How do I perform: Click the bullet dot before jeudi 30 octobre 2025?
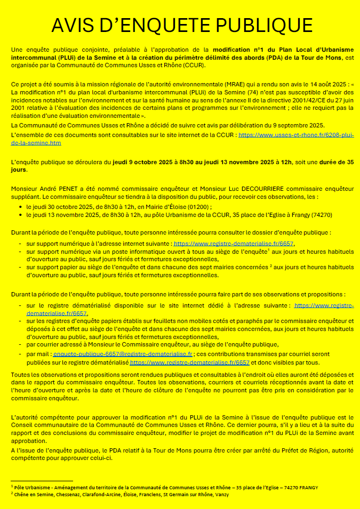[x=21, y=207]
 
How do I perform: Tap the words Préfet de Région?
[x=285, y=450]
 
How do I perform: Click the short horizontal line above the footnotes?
[x=42, y=481]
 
